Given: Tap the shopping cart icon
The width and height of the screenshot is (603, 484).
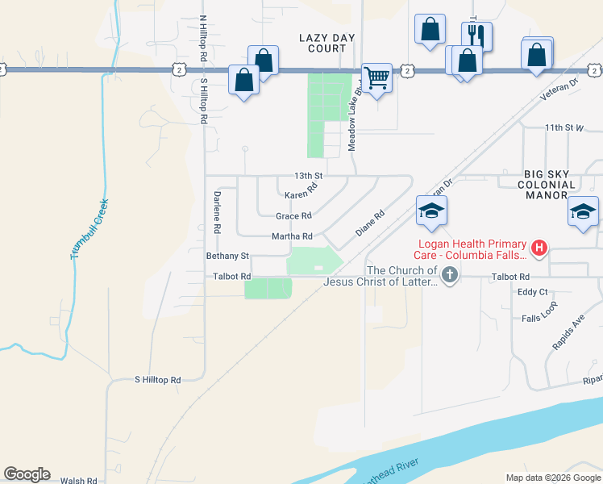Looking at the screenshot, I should coord(376,78).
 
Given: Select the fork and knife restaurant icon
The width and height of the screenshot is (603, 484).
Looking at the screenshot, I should coord(476,36).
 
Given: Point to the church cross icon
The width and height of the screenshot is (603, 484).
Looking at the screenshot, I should coord(449,277).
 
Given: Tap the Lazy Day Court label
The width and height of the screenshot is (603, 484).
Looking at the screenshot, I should coord(322,43).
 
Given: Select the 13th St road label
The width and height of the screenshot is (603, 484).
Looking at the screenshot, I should coord(308,176).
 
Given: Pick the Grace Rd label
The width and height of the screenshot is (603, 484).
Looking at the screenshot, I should coord(293,216).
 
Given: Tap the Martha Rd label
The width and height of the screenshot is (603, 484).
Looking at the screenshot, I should coord(292,236).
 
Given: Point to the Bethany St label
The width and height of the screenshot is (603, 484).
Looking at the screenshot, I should coord(227,256).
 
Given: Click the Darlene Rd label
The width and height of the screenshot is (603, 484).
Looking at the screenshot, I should coord(217,212).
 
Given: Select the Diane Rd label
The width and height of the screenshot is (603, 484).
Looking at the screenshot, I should coord(370,223).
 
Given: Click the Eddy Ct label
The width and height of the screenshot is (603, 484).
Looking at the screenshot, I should coord(533,292).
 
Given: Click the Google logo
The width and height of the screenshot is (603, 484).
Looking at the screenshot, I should coord(27,474).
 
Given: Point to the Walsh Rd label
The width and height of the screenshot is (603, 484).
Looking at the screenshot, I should coord(79,480).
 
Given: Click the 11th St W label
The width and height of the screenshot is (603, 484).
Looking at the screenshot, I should coord(563,127).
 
